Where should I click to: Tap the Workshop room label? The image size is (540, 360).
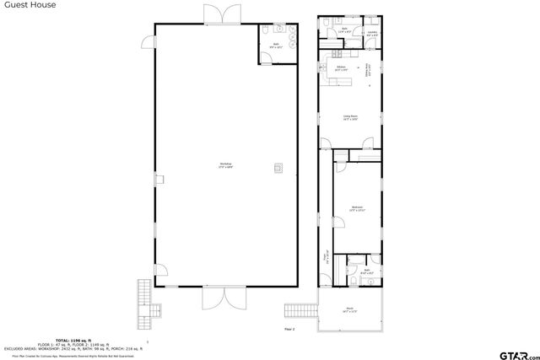226,164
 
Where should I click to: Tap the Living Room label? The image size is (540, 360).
350,118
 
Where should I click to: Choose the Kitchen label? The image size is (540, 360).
342,68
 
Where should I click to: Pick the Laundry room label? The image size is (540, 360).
372,34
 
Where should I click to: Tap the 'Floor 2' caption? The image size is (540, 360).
289,328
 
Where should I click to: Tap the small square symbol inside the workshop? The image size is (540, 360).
277,167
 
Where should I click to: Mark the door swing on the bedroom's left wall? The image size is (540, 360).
337,221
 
